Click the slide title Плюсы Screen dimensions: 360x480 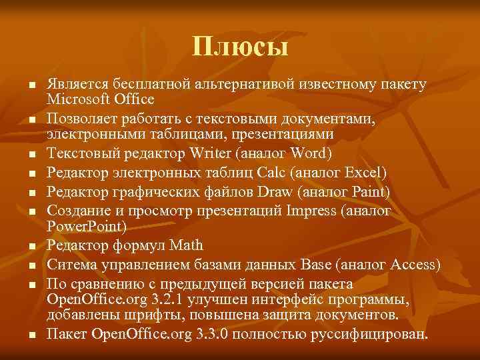click(x=240, y=47)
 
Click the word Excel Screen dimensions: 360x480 click(x=361, y=174)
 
